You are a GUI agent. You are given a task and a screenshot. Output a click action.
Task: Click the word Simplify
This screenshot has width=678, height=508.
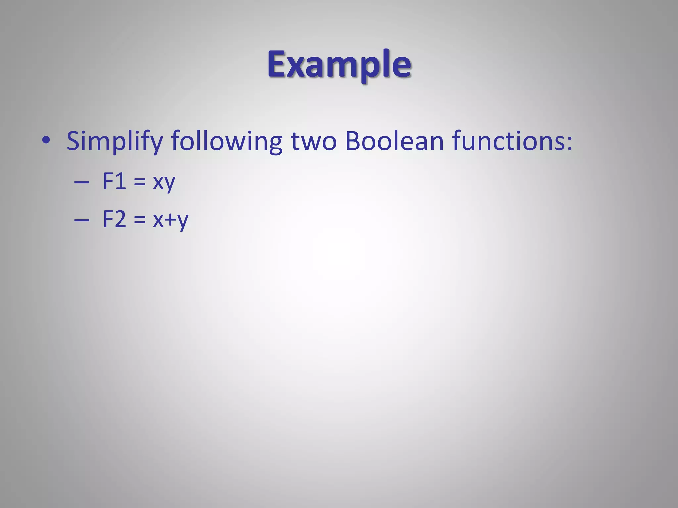[114, 141]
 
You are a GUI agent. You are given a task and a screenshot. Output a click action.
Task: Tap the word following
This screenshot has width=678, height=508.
[227, 141]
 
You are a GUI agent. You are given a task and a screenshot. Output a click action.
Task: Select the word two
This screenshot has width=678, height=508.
[314, 142]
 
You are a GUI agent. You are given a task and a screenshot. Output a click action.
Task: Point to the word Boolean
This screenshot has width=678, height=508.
[394, 141]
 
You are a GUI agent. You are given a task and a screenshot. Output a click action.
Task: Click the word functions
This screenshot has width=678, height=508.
[508, 141]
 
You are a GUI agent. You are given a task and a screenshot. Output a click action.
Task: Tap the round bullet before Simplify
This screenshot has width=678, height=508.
[46, 140]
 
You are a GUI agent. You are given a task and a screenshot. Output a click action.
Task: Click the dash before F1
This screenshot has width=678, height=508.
[82, 182]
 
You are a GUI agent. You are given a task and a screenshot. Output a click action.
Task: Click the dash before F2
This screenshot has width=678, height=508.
[82, 220]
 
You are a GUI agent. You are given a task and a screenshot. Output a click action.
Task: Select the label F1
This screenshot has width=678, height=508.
[114, 181]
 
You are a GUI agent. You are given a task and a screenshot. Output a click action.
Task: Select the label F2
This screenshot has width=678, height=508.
[114, 219]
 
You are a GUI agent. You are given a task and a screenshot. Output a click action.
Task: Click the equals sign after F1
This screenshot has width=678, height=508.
[140, 182]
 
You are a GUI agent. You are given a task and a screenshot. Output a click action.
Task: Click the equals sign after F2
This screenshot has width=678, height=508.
[140, 220]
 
